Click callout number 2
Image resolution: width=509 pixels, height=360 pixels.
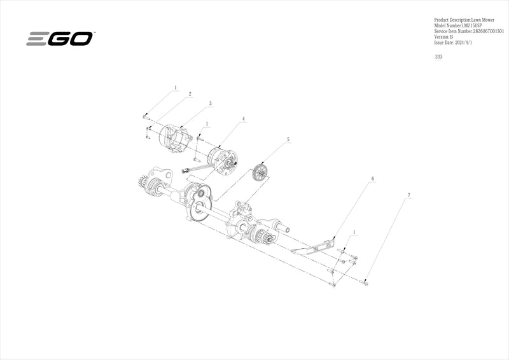pyautogui.click(x=190, y=93)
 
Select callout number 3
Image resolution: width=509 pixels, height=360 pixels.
pyautogui.click(x=210, y=103)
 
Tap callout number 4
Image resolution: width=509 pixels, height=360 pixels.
pyautogui.click(x=244, y=119)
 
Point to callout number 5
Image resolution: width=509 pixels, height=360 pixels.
pyautogui.click(x=288, y=139)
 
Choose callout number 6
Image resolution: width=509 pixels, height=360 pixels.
pyautogui.click(x=372, y=179)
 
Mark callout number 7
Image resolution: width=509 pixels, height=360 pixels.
pyautogui.click(x=409, y=194)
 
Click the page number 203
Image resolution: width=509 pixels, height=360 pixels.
pyautogui.click(x=438, y=57)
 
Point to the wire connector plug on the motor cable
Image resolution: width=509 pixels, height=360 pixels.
pyautogui.click(x=186, y=170)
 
